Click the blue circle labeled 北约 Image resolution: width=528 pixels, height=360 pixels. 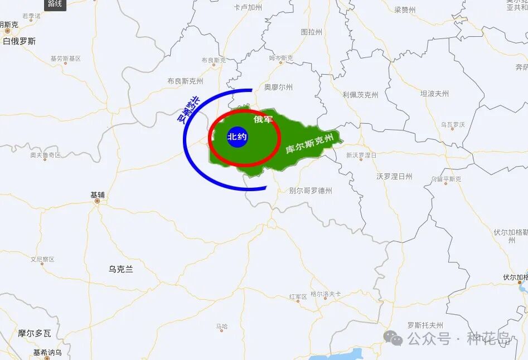[237, 137]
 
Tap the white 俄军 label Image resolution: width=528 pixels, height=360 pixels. [263, 119]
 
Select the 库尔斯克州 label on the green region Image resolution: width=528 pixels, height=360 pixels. [310, 143]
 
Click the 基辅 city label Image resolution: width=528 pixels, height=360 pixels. [98, 195]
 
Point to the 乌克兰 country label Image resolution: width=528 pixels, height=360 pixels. [121, 269]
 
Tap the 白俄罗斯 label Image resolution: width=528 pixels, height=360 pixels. [19, 41]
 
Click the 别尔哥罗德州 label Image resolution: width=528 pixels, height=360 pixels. [311, 191]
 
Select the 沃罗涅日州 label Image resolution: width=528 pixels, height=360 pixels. [394, 176]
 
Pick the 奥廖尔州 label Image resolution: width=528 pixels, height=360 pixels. [278, 87]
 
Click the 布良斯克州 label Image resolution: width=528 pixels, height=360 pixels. [185, 81]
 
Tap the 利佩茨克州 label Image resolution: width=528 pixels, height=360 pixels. [360, 95]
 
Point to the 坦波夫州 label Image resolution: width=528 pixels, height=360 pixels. [434, 94]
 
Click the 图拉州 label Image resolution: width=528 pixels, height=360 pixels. [311, 32]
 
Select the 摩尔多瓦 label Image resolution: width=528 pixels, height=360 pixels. [34, 333]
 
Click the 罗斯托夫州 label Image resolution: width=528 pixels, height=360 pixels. [425, 325]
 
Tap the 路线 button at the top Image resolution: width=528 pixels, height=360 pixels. [55, 4]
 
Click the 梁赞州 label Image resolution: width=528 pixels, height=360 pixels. [405, 9]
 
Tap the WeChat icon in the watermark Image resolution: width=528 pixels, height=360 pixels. [393, 338]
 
